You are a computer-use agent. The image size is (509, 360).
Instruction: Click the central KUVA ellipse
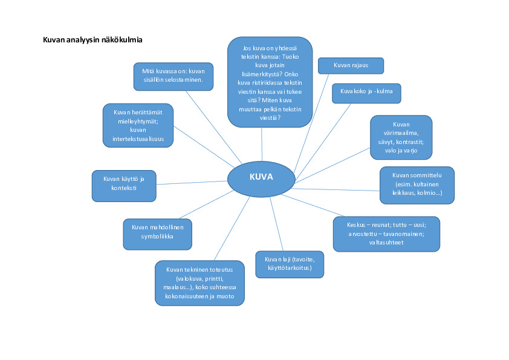(261, 178)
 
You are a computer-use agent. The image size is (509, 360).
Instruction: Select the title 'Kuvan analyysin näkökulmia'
(92, 40)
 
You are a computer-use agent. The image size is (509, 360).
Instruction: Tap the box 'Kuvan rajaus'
(351, 65)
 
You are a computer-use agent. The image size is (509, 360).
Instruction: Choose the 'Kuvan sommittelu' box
(417, 185)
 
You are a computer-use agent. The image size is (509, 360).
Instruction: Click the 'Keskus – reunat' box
(386, 234)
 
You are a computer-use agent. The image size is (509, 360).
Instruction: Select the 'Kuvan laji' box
(290, 264)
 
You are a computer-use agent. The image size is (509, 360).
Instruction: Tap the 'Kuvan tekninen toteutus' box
(199, 283)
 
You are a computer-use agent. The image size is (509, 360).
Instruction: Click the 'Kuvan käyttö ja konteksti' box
(124, 185)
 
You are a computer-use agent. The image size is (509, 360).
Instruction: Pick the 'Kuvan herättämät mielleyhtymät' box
(138, 125)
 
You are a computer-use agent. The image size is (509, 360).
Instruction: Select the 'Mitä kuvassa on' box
(173, 76)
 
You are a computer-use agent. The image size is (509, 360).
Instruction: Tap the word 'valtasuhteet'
(386, 242)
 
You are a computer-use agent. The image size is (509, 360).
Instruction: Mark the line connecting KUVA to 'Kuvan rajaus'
(311, 121)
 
